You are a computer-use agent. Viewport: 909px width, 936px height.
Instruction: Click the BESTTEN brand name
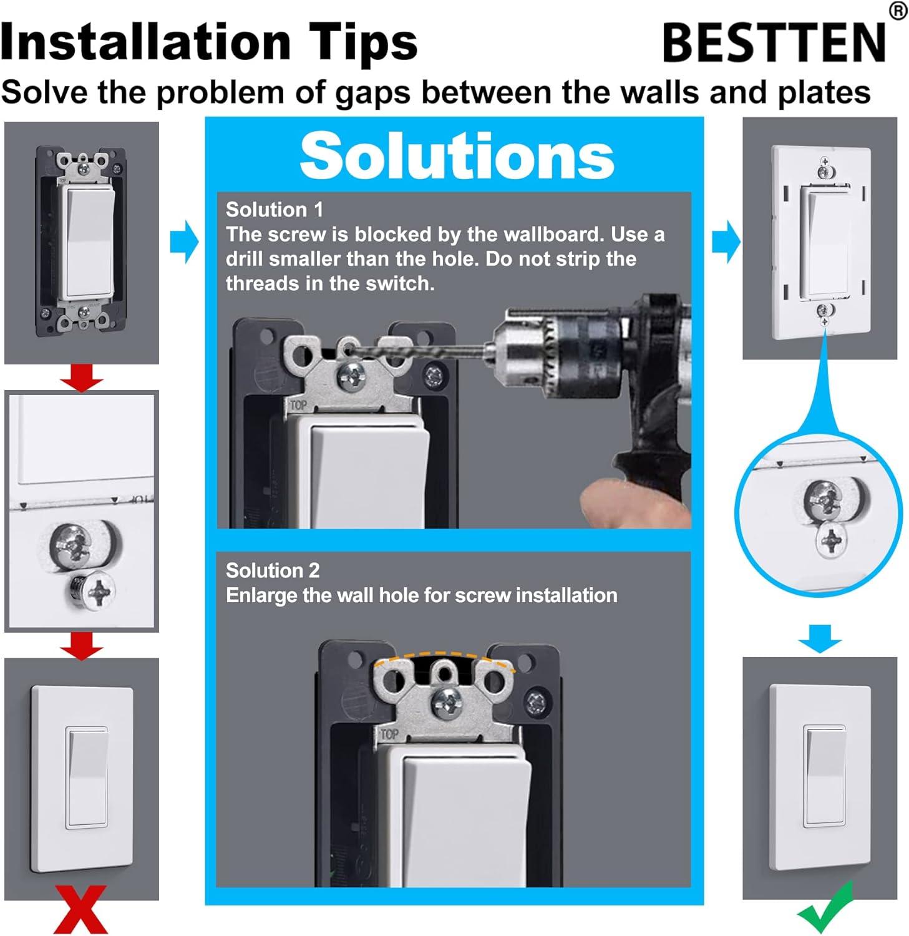coord(774,42)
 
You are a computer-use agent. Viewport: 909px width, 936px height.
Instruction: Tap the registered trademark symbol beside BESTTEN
coord(898,11)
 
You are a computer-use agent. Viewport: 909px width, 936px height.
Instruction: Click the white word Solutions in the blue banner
coord(457,155)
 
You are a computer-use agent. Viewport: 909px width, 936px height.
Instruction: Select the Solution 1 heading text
coord(275,210)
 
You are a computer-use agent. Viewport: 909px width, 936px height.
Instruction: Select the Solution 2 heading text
coord(273,570)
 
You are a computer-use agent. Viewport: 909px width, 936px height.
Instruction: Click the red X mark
coord(81,909)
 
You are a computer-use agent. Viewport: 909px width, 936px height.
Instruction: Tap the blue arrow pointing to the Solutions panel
coord(185,241)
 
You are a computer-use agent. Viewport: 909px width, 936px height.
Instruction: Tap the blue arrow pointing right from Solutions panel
coord(726,241)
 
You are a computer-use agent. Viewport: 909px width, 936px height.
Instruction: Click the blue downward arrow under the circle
coord(819,638)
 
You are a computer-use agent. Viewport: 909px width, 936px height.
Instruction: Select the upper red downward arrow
coord(82,378)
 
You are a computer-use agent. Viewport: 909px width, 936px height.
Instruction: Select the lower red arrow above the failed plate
coord(82,645)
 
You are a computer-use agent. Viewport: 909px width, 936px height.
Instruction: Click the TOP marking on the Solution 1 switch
coord(298,406)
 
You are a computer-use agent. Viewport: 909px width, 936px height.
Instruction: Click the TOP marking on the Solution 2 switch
coord(389,734)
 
